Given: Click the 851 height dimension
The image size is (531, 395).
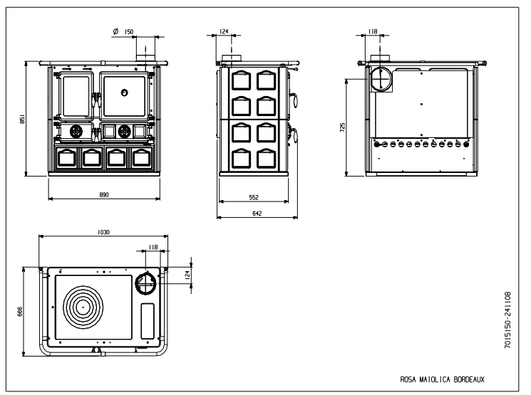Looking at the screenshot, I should point(21,120).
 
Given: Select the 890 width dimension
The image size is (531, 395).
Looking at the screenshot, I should point(104,194).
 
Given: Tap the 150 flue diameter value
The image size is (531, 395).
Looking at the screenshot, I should point(129,31).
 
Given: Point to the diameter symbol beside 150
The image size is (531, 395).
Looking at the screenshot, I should point(115,31).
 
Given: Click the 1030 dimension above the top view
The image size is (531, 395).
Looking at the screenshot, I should point(104,231).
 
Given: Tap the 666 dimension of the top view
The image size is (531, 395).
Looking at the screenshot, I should point(21,311).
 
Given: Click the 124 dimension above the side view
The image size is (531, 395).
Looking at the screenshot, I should point(224,31).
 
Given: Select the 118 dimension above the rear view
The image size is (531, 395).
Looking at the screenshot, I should point(372,31).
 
